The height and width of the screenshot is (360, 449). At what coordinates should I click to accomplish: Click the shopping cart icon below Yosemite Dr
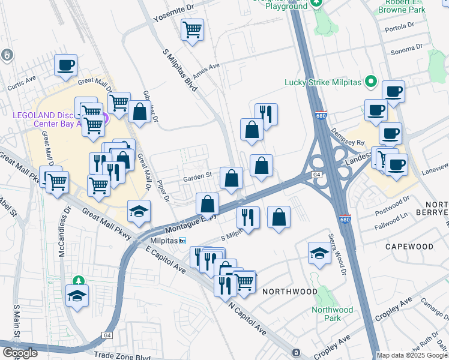192,29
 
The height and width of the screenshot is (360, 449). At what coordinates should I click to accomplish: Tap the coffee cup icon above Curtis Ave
66,65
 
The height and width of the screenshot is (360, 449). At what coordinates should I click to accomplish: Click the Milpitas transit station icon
182,241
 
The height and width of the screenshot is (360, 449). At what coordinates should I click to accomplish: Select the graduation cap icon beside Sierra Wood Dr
319,254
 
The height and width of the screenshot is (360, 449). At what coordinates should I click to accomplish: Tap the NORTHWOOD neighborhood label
289,292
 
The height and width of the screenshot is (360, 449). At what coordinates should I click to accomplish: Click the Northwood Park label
332,314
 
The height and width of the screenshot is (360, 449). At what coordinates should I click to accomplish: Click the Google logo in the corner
19,353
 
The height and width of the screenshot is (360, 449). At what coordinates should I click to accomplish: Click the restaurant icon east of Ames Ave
265,113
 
